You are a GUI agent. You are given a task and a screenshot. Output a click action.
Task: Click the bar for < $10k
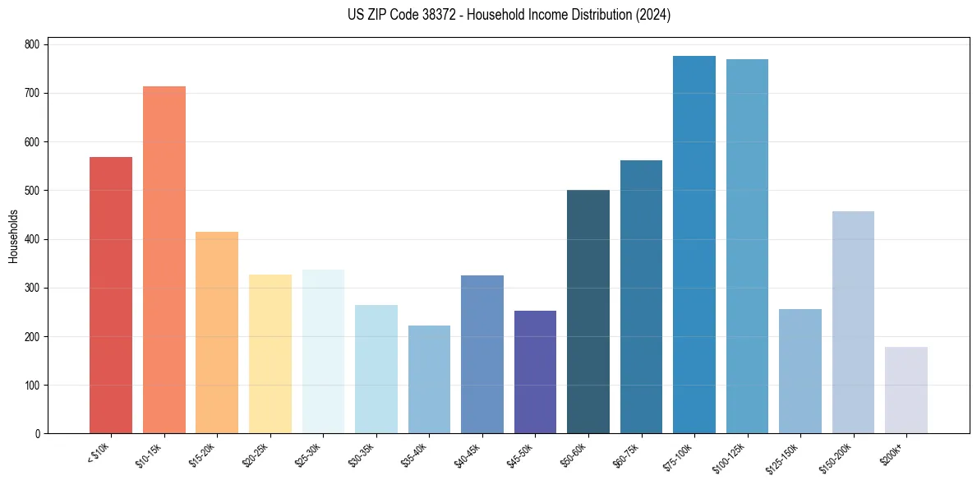click(111, 295)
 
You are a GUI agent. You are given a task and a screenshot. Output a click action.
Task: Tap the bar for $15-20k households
click(217, 333)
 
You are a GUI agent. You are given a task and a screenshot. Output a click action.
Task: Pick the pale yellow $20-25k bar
click(270, 354)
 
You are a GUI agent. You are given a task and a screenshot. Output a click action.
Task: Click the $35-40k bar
click(429, 380)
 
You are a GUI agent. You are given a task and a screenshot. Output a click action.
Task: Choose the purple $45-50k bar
click(535, 372)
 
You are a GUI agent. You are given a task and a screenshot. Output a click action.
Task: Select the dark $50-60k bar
click(588, 312)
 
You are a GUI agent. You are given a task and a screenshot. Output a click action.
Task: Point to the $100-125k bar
click(747, 247)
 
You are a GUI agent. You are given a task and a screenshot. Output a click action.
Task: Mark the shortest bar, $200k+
click(906, 390)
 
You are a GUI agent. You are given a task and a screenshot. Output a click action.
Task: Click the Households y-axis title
click(13, 237)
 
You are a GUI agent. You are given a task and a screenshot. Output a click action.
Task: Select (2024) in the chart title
click(653, 15)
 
